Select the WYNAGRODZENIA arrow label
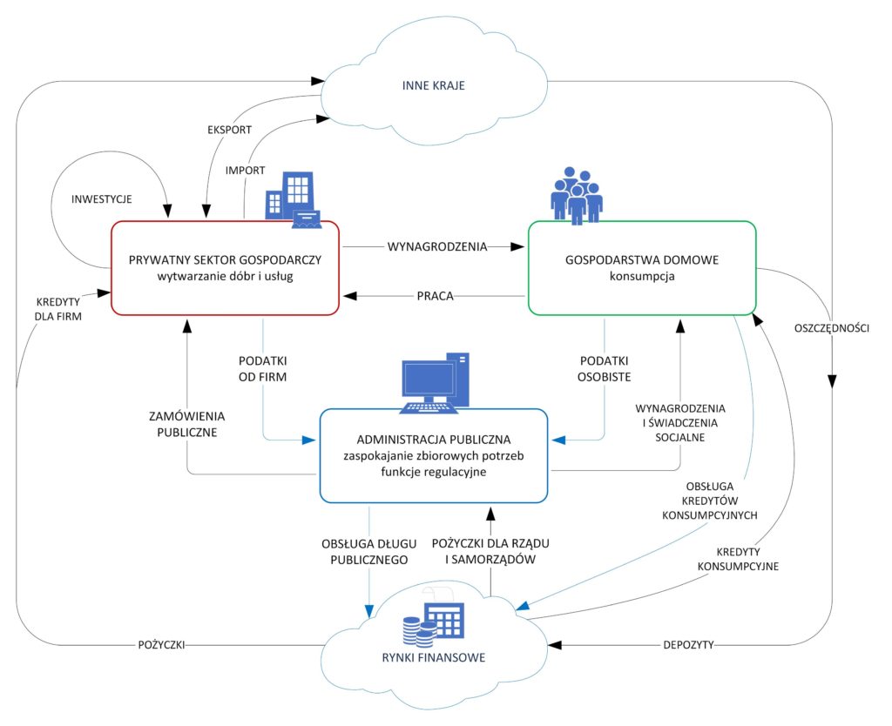click(436, 246)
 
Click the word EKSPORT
click(230, 130)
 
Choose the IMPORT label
click(245, 171)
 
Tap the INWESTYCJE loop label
click(102, 199)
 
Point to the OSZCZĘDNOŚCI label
click(833, 328)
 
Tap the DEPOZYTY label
click(688, 645)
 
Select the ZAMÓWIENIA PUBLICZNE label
click(187, 423)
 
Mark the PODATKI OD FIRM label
click(263, 368)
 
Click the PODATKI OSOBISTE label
click(605, 368)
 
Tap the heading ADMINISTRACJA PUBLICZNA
click(433, 438)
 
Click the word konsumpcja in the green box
click(642, 277)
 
